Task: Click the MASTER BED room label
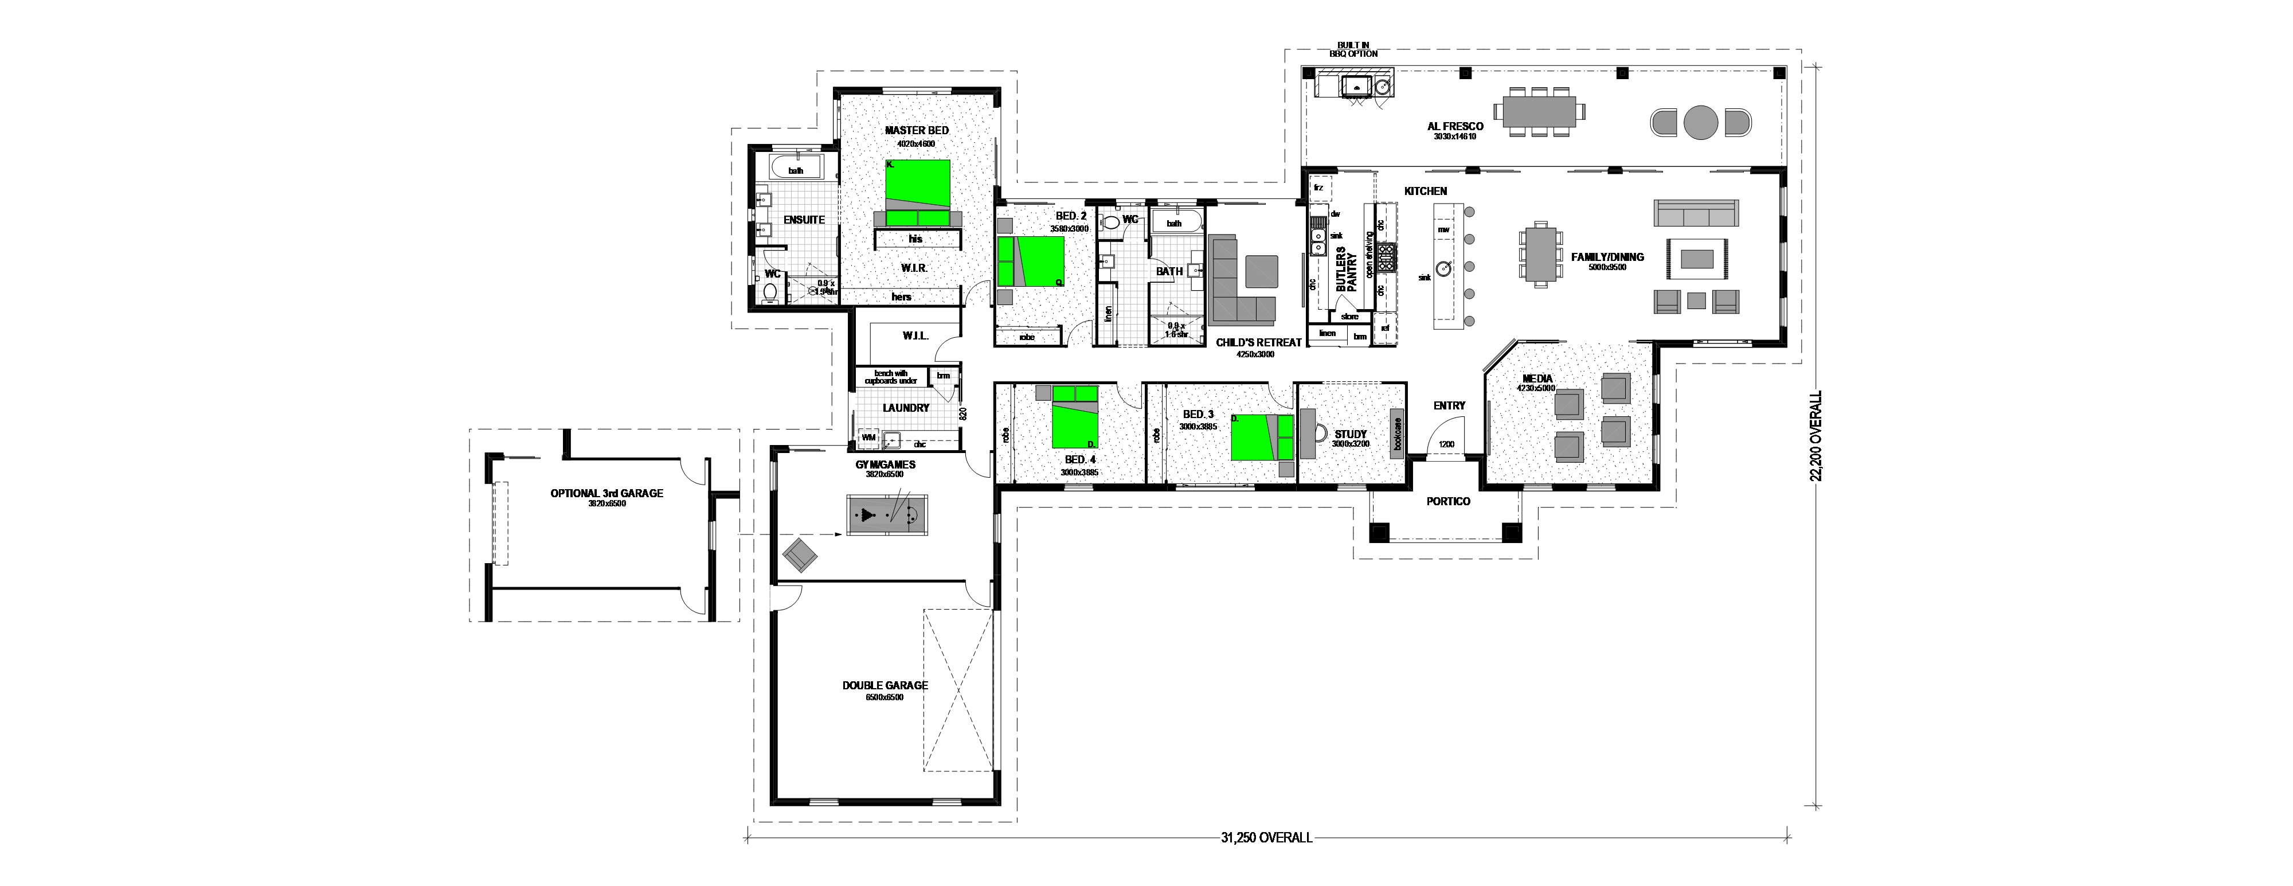tap(916, 130)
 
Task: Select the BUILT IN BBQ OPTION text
tap(1353, 49)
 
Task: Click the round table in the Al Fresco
tap(1700, 122)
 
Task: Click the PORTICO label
tap(1448, 501)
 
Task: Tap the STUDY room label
tap(1351, 435)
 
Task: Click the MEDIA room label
tap(1537, 378)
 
